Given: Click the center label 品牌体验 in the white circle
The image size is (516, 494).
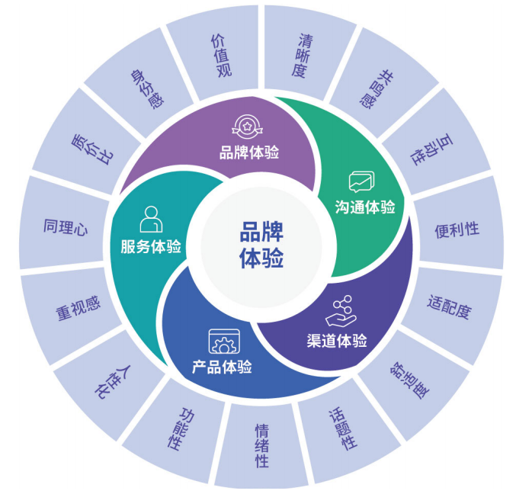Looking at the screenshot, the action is pos(261,245).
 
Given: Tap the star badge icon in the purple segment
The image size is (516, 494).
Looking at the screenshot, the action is pos(247,127).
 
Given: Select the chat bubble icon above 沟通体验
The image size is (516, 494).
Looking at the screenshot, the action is pos(362,181).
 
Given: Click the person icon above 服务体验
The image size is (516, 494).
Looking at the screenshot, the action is pos(151,220).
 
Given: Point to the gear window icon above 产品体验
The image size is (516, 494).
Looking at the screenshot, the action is pos(224,342).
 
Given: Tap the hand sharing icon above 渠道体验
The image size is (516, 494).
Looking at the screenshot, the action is pos(341,311).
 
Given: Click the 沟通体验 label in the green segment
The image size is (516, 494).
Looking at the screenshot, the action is pos(365,207).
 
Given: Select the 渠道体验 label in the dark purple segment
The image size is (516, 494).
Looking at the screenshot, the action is pos(337,341).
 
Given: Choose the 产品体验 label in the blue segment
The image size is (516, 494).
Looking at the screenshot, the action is pos(222,367).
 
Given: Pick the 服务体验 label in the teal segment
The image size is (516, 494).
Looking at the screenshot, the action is pos(151,246).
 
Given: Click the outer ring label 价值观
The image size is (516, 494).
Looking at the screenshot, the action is pos(221,55).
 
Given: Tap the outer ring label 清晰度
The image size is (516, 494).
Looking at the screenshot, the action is pos(302,55).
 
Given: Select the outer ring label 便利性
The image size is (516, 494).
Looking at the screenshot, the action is pos(457,229).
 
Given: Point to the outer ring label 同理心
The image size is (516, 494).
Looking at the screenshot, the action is pos(66,226).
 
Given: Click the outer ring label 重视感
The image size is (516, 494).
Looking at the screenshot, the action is pos(78,308).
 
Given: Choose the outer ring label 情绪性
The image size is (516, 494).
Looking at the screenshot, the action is pos(262,446).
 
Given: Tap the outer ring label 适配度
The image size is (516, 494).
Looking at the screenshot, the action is pos(449,306).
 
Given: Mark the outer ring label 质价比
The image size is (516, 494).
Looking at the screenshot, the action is pos(92,149).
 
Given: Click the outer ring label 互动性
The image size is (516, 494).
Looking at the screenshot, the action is pos(431,149).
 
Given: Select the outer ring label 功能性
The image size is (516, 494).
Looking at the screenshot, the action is pos(181,429).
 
